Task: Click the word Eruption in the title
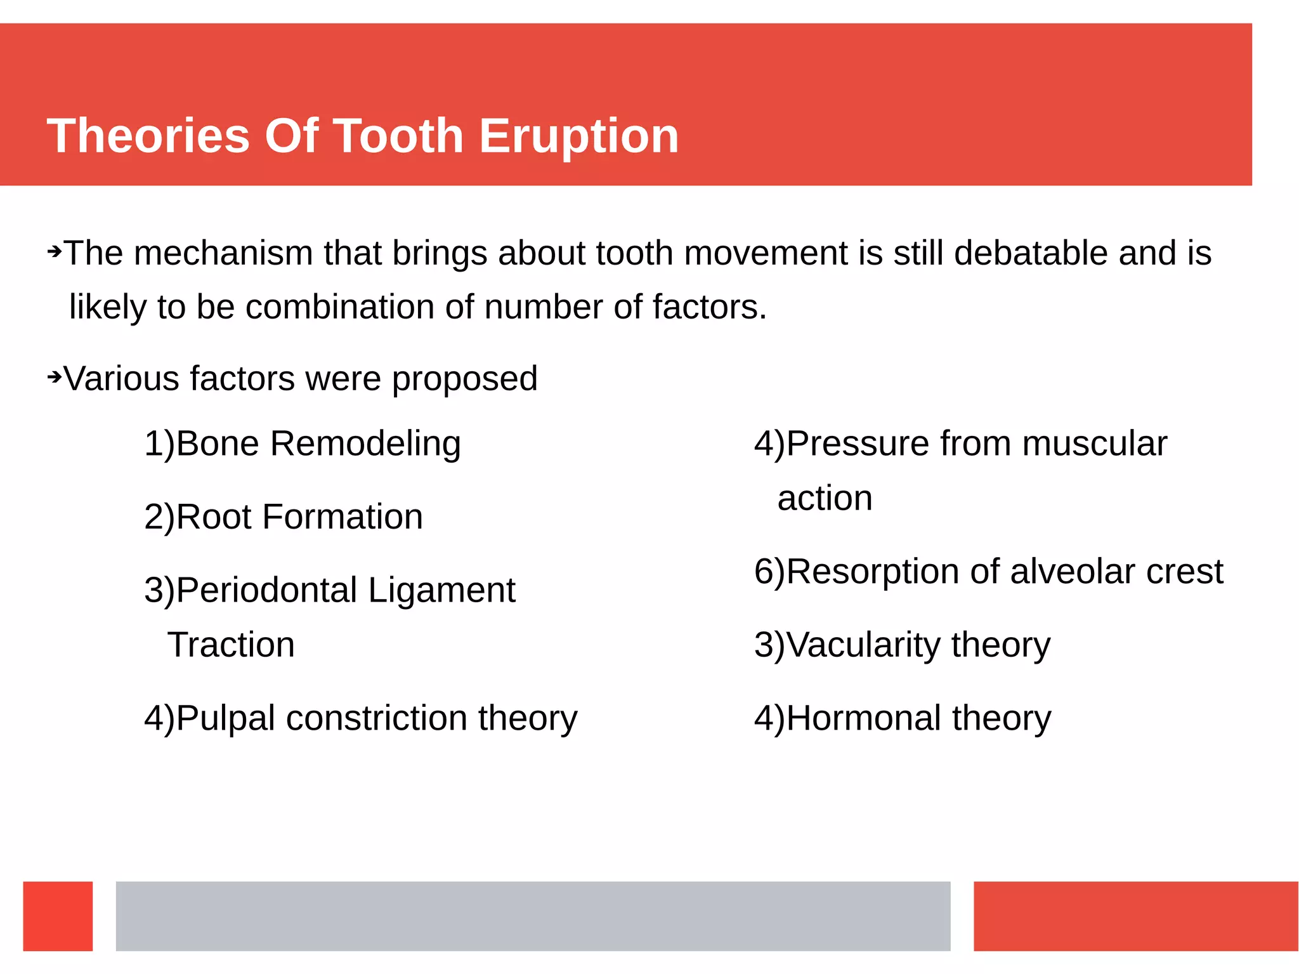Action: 578,136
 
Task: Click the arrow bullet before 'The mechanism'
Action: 55,252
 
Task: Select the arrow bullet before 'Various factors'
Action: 55,378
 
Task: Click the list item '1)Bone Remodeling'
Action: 302,443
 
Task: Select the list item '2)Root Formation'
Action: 283,517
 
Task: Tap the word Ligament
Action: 441,590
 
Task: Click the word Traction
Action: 231,645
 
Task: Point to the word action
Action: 825,498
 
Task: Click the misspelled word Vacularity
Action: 864,645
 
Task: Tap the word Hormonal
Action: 864,718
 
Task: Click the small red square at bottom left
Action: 58,916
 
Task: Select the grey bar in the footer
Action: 533,916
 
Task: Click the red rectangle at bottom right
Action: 1135,916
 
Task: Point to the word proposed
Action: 464,379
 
